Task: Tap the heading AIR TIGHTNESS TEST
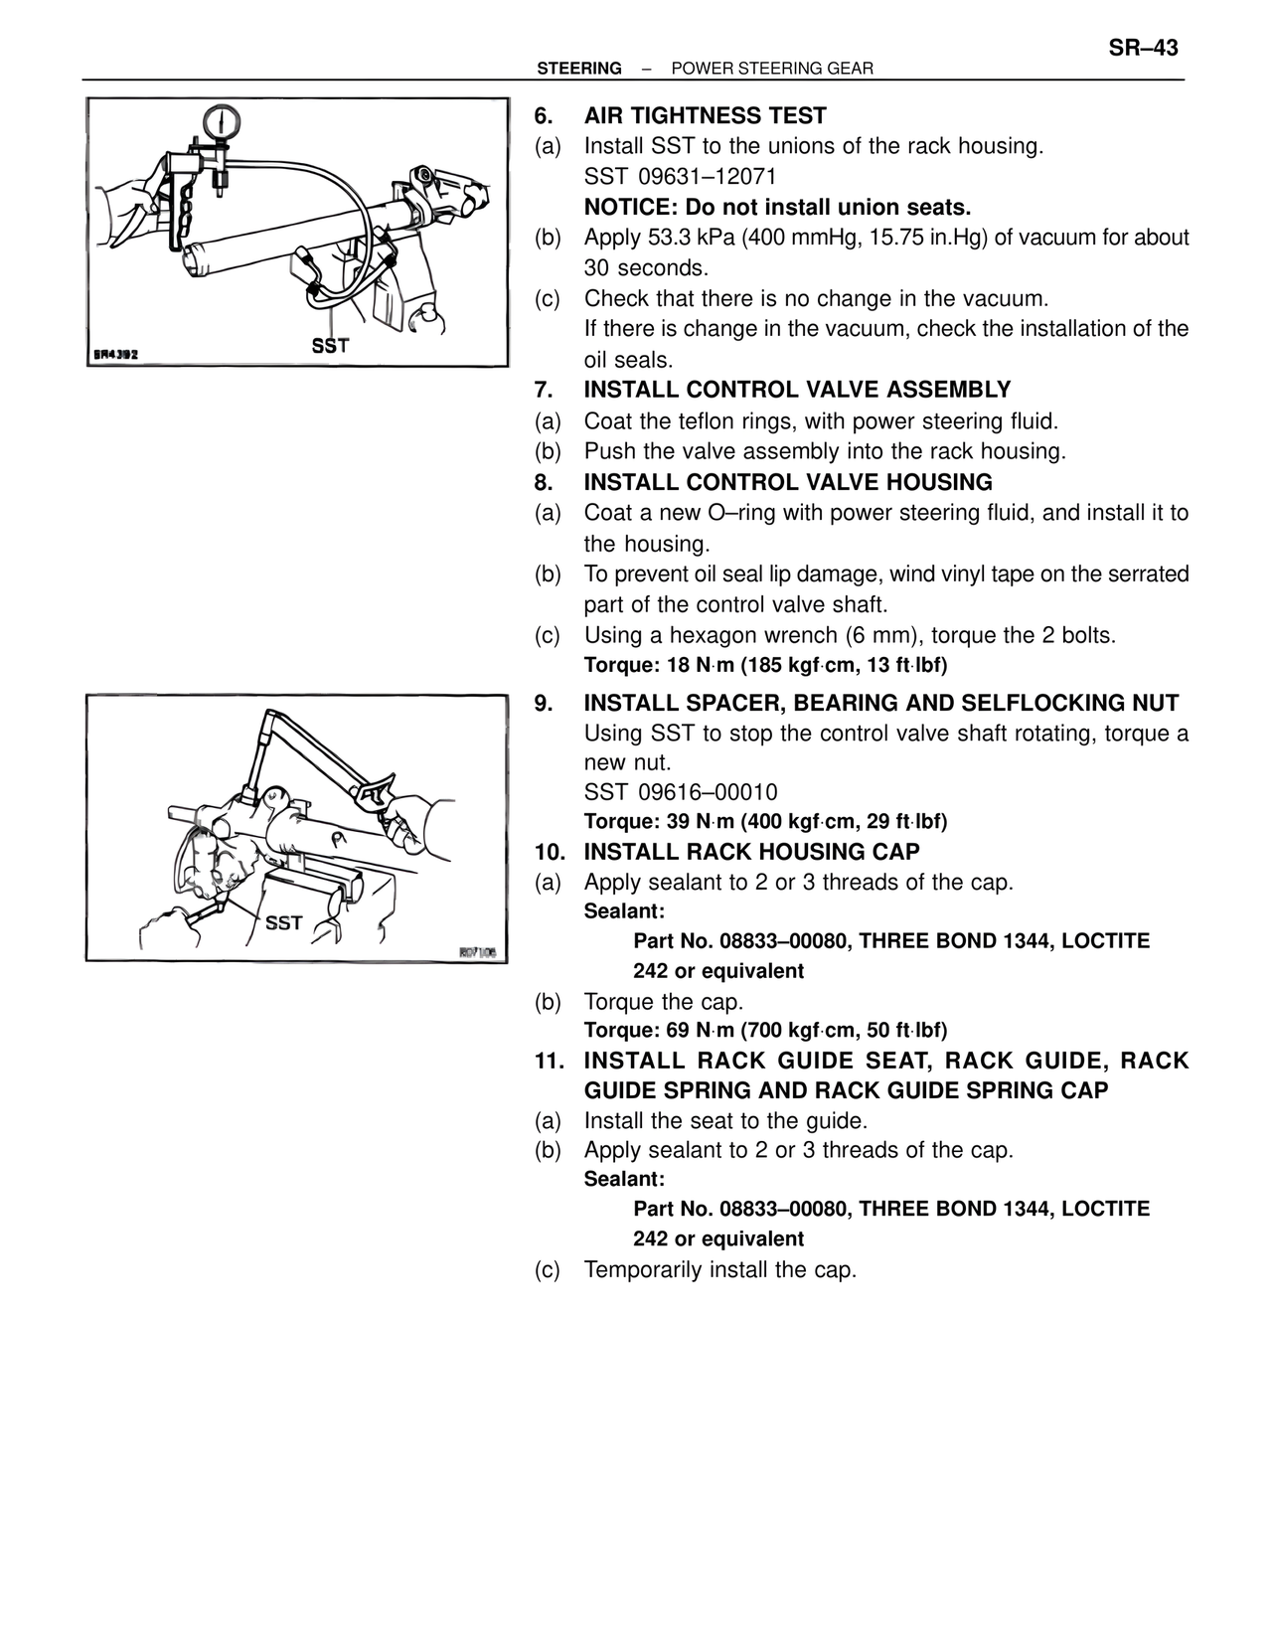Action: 705,116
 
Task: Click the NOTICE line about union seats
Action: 777,208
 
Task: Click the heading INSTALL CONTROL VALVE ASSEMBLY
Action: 797,390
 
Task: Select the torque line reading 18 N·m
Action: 765,665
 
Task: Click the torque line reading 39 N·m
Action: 765,822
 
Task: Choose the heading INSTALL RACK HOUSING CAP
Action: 751,852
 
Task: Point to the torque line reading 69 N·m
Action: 765,1030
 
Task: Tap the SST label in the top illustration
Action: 330,346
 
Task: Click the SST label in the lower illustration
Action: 283,923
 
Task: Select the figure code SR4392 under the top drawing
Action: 115,353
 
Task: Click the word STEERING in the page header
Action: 579,69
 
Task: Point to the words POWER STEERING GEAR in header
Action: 772,69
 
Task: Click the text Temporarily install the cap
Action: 719,1270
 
